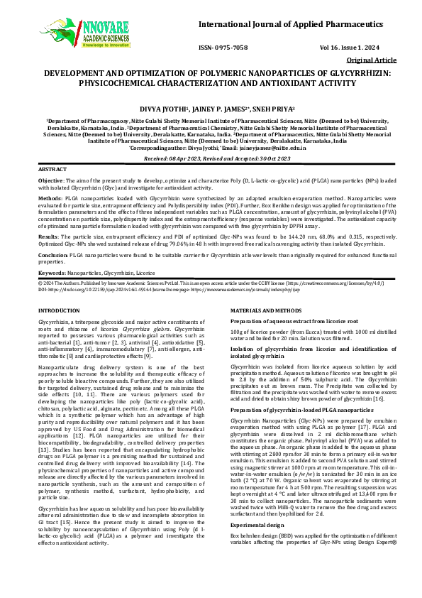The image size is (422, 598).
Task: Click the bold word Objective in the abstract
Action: click(x=50, y=182)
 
